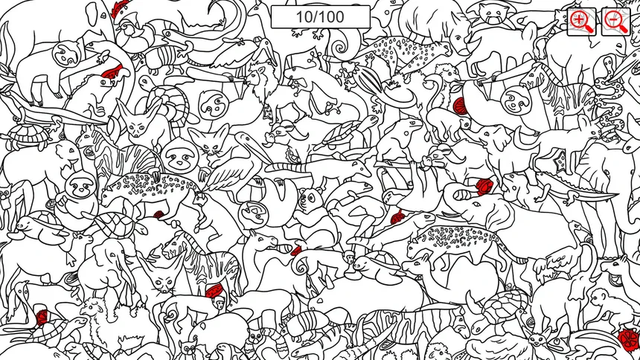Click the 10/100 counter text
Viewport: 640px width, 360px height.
[321, 16]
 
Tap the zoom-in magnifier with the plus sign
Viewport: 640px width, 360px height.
[582, 22]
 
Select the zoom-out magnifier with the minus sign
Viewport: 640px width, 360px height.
[616, 22]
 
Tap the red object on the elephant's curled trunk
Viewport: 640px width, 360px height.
[484, 186]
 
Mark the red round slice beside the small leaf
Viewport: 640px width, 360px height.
[460, 106]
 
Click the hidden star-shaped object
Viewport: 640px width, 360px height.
[560, 161]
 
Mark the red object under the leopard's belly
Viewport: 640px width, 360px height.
[159, 214]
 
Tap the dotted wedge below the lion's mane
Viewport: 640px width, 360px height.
[268, 111]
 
